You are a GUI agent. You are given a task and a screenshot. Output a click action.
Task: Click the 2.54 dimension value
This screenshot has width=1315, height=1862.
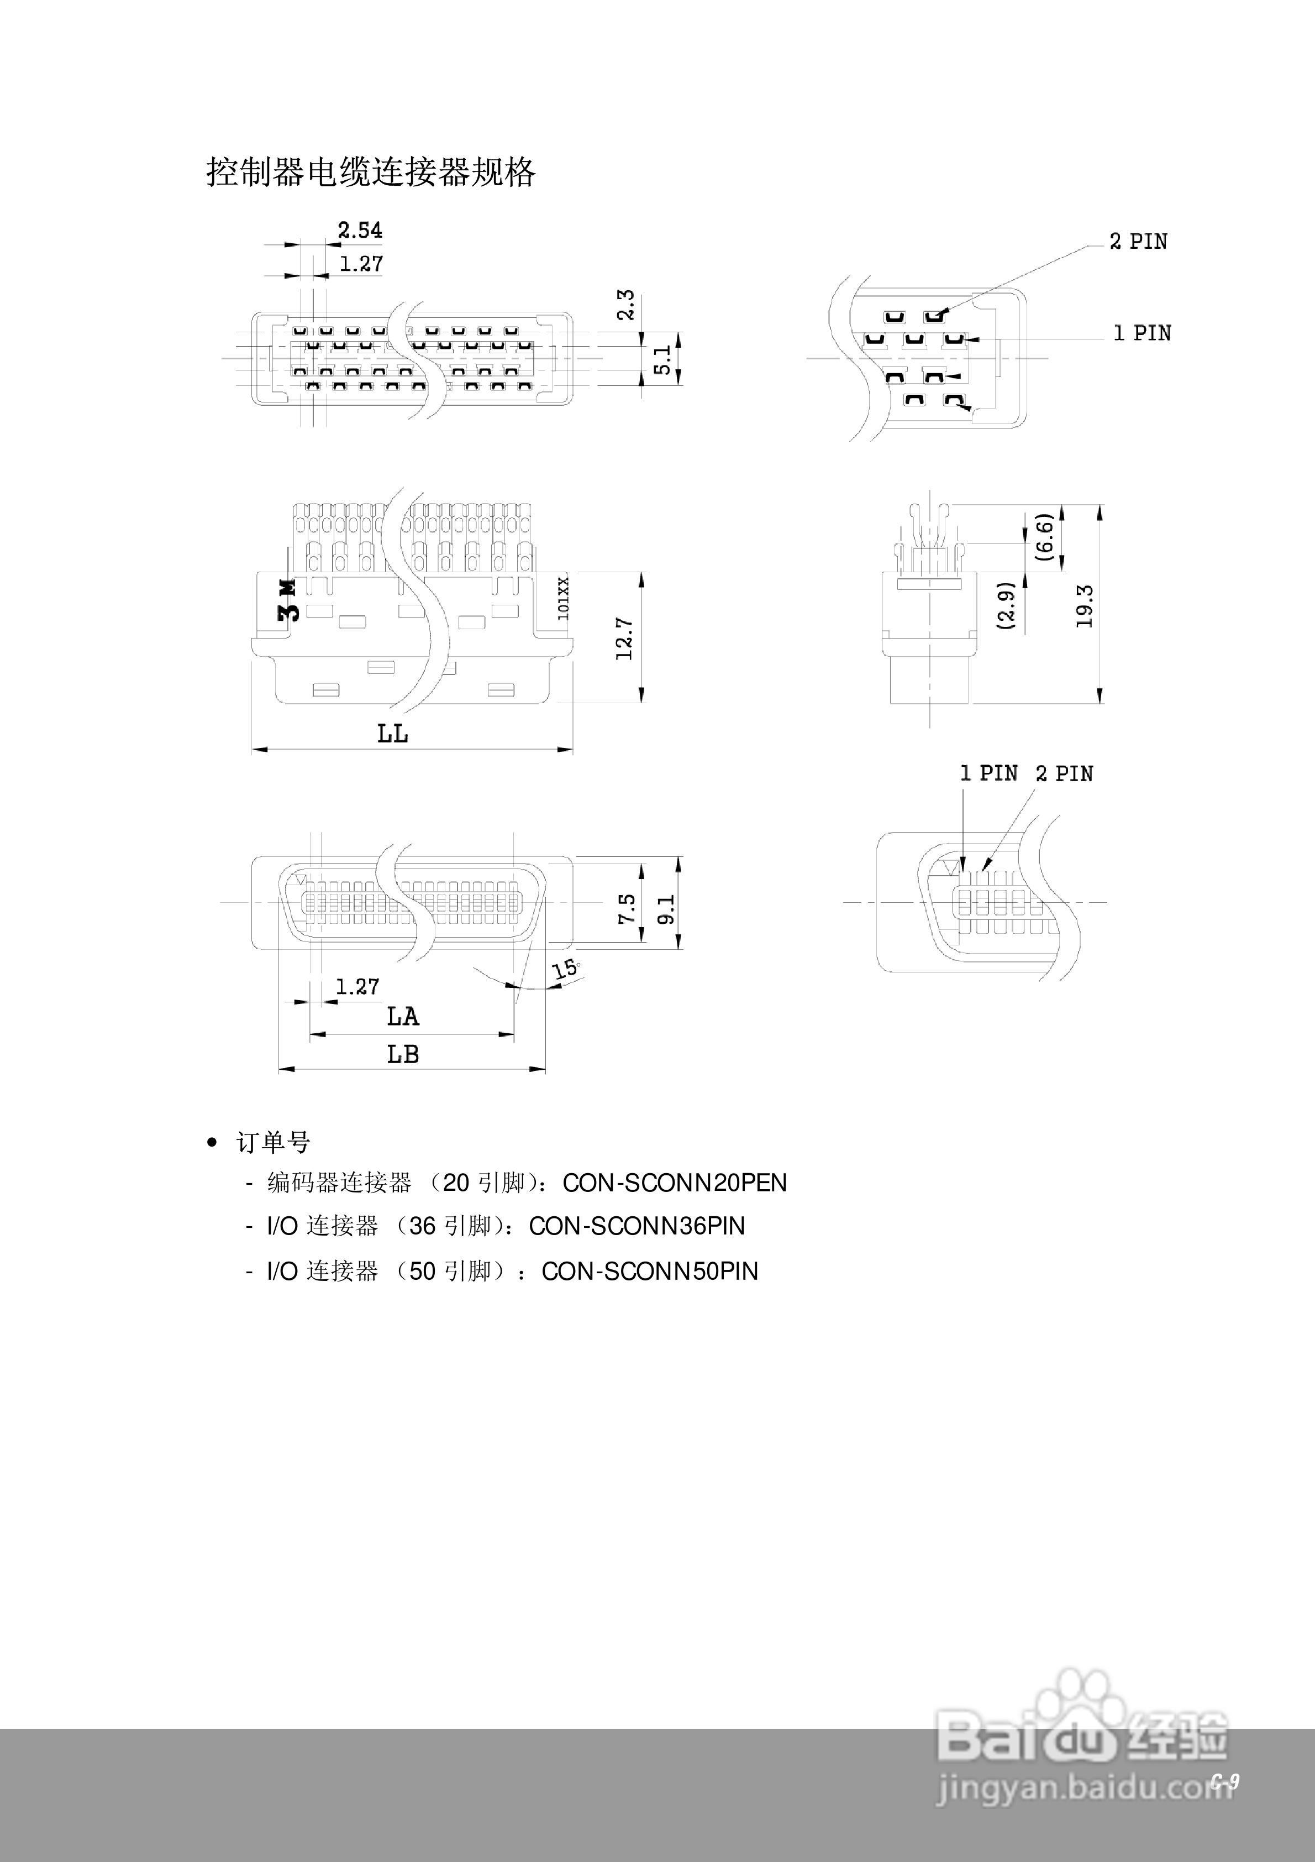[x=360, y=231]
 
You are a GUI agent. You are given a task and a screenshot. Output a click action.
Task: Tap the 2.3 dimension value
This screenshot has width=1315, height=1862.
[x=626, y=305]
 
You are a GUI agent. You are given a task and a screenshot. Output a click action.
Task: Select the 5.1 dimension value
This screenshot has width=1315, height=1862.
[x=662, y=359]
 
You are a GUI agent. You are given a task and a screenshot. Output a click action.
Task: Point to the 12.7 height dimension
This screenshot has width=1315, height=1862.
[x=624, y=637]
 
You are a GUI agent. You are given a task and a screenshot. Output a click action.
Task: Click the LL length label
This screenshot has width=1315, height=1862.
[x=392, y=734]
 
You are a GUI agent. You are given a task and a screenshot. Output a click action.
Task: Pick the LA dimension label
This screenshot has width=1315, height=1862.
[x=402, y=1016]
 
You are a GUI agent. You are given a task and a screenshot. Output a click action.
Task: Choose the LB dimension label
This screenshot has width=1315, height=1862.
[x=402, y=1054]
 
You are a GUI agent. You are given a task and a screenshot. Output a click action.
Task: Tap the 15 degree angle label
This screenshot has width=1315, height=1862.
[x=565, y=969]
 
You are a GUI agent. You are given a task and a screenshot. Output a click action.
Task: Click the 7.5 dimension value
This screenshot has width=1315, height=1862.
[x=627, y=908]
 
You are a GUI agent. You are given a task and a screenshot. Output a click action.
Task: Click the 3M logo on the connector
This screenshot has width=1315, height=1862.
[x=288, y=600]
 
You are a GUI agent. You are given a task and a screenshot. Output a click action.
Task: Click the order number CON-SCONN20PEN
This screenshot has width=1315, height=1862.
[x=675, y=1183]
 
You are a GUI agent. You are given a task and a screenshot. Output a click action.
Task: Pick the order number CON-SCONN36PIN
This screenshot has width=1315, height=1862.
[x=637, y=1226]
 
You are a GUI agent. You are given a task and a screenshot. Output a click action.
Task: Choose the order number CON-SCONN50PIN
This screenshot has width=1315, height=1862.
[x=649, y=1271]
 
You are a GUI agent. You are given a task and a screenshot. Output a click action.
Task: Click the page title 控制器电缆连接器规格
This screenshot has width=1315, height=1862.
[x=371, y=172]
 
